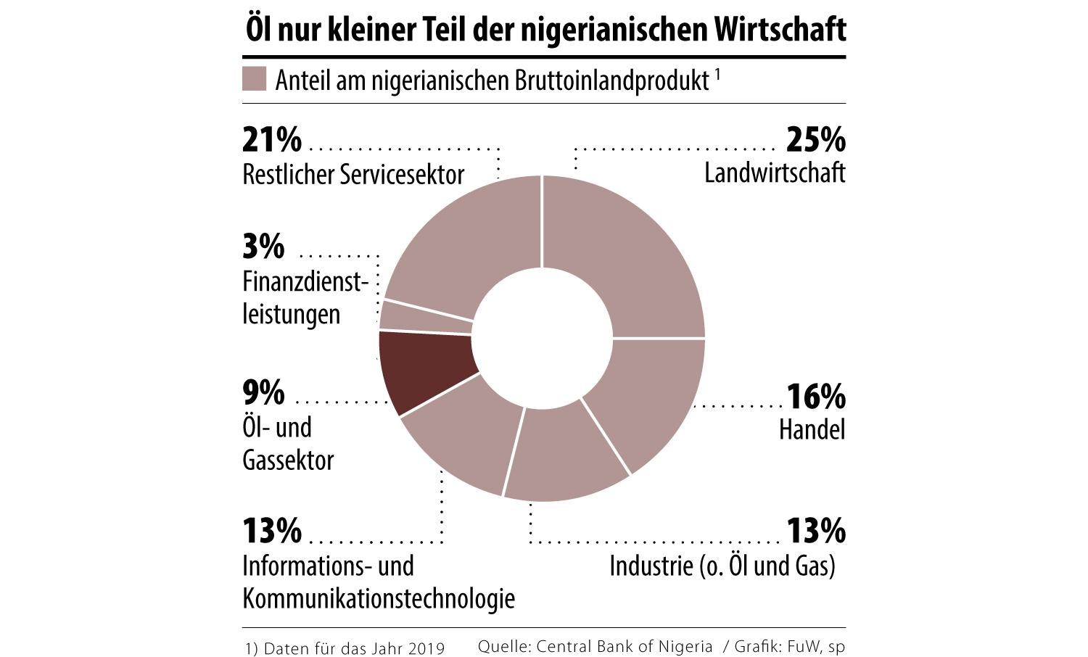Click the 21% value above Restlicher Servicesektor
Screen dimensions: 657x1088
click(x=272, y=139)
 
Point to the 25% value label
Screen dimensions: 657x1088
click(x=816, y=139)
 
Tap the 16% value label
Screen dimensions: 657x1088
click(x=816, y=397)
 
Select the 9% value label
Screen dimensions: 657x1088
click(x=263, y=393)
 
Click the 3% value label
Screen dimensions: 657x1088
click(x=263, y=247)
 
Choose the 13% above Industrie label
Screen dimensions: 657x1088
click(x=816, y=531)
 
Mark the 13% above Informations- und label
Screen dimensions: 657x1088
click(x=272, y=531)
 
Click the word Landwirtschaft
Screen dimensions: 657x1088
click(x=775, y=173)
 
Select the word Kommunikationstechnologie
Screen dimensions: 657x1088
click(x=379, y=599)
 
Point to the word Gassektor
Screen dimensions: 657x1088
click(x=288, y=460)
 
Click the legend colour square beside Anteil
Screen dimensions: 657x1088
click(x=254, y=79)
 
